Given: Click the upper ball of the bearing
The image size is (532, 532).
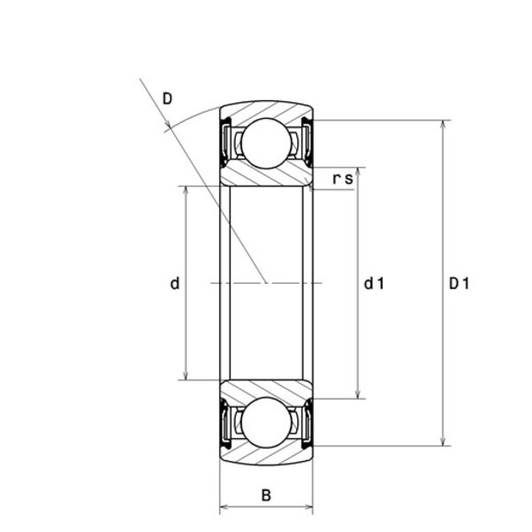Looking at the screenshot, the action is click(267, 144).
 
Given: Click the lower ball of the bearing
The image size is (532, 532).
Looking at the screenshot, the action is click(267, 422).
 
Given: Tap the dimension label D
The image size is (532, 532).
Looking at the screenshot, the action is click(168, 99).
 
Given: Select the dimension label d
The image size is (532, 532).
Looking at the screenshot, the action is click(175, 284).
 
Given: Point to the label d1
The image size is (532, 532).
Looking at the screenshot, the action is click(374, 284).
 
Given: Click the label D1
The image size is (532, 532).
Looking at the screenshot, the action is click(459, 284).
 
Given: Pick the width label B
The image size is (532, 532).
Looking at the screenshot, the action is click(266, 495).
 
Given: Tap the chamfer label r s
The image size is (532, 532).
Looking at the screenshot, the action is click(343, 178).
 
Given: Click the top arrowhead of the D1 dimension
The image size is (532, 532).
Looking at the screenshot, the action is click(442, 126).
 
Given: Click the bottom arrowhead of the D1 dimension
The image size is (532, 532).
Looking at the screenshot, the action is click(442, 441).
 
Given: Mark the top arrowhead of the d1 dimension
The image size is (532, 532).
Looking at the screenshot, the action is click(357, 173).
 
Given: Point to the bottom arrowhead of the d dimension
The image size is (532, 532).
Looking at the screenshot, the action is click(185, 374).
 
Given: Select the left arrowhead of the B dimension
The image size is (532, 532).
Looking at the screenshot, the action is click(225, 507).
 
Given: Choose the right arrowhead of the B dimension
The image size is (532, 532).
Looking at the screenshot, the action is click(307, 507).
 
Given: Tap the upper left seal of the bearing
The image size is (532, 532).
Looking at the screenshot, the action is click(225, 142).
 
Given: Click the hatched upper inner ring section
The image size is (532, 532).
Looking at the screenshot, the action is click(266, 176).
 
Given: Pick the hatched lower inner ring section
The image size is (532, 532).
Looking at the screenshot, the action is click(266, 389).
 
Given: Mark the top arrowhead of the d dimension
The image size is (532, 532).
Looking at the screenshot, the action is click(185, 192).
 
